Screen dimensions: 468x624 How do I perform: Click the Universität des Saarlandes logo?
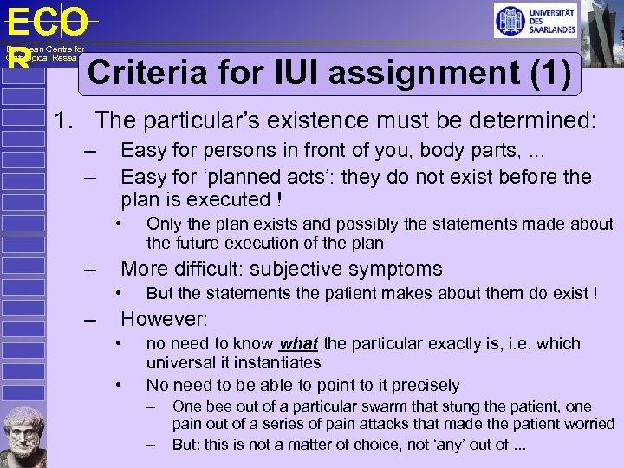pyautogui.click(x=535, y=20)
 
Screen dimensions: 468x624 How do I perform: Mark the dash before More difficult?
pyautogui.click(x=90, y=270)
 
